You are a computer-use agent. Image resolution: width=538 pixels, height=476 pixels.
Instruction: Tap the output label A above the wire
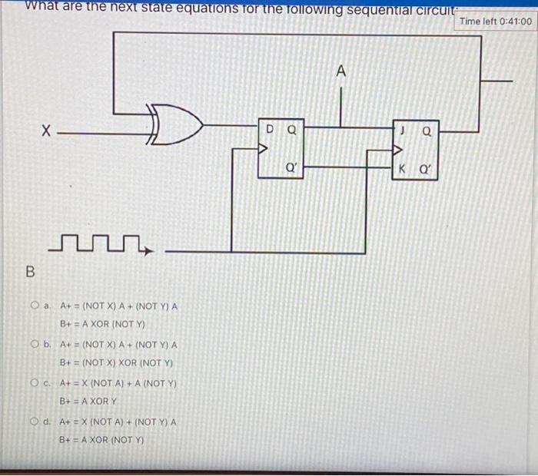pyautogui.click(x=341, y=71)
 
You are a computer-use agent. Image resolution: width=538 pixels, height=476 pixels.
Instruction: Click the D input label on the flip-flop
pyautogui.click(x=270, y=130)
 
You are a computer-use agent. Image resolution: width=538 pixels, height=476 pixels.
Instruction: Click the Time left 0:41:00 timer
pyautogui.click(x=495, y=21)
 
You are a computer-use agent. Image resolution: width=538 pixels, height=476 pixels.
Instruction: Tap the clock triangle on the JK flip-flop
pyautogui.click(x=398, y=150)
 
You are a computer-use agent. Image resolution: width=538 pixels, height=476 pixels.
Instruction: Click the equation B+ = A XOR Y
pyautogui.click(x=88, y=402)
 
